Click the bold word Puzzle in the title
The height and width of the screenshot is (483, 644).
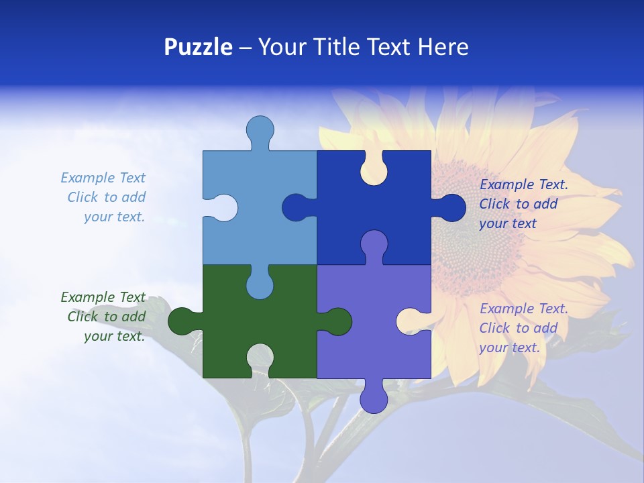tap(198, 47)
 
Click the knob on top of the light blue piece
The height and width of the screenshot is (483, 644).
tap(260, 129)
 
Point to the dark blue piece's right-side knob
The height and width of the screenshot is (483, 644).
tap(451, 208)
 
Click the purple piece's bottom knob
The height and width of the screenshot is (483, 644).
tap(374, 398)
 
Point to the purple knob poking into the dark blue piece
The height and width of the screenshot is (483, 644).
tap(374, 244)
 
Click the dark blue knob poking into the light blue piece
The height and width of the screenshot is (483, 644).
tap(296, 207)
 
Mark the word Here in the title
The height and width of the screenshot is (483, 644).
tap(443, 47)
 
